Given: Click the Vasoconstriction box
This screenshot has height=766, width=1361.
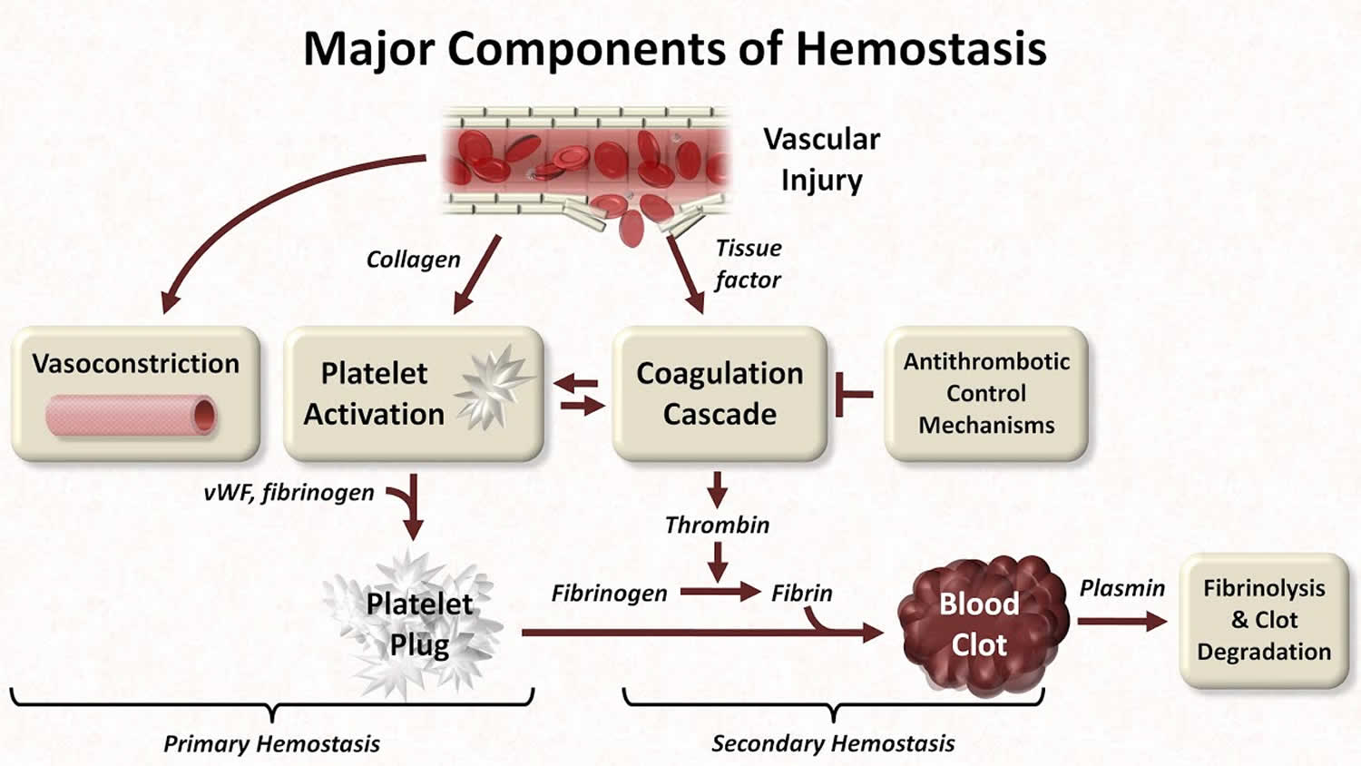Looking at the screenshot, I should (136, 393).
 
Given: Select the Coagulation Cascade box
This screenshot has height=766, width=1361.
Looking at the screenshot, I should (720, 393).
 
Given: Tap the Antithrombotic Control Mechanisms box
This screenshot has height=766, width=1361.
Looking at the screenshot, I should (986, 393).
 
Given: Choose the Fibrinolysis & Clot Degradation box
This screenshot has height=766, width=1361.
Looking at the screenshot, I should (1264, 620).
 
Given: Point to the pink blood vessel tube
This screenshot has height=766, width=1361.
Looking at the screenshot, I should (132, 416).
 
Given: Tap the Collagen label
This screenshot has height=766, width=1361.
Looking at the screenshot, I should (413, 260).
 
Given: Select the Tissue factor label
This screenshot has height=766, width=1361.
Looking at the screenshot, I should (747, 264).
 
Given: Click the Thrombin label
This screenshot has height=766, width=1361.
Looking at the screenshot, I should (717, 525).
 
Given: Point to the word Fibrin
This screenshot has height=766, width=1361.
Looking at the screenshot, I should (801, 594).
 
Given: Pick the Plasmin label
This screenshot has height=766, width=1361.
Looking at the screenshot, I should (1121, 589).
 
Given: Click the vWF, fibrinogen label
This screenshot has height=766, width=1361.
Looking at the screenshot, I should (289, 493).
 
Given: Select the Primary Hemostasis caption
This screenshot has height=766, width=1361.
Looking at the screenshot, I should (271, 744).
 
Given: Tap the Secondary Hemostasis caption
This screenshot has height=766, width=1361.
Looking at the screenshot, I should (833, 744).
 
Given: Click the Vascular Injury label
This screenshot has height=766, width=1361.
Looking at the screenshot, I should (821, 159).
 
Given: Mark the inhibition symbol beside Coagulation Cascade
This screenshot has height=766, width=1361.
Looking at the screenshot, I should (852, 394).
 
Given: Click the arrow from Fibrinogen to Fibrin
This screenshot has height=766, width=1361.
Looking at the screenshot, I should (720, 593).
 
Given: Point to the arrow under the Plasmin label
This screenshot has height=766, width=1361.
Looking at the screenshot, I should (1121, 622).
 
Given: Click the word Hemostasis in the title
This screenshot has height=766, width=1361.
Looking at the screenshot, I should (921, 49).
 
